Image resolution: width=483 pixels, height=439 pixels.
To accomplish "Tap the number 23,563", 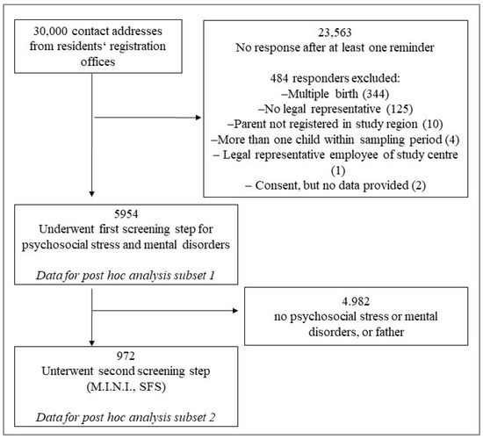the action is pyautogui.click(x=335, y=32).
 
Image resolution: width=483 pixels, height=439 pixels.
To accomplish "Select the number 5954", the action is pyautogui.click(x=126, y=214).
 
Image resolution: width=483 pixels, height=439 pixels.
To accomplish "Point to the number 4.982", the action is pyautogui.click(x=356, y=301).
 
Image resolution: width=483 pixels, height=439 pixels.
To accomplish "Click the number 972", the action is pyautogui.click(x=126, y=356).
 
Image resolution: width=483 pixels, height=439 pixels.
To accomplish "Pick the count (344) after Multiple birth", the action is pyautogui.click(x=375, y=94).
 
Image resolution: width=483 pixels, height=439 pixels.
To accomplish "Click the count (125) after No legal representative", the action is pyautogui.click(x=400, y=109).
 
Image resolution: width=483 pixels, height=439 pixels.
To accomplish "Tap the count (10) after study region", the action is pyautogui.click(x=432, y=124).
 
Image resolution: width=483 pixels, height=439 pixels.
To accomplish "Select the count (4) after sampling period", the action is pyautogui.click(x=452, y=140).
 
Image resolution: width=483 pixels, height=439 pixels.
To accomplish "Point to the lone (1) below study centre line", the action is pyautogui.click(x=338, y=170).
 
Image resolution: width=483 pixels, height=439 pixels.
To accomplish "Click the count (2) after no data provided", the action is pyautogui.click(x=418, y=185).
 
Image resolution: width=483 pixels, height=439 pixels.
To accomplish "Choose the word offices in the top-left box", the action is pyautogui.click(x=98, y=61).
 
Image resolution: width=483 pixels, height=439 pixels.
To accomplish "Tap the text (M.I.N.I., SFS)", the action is pyautogui.click(x=126, y=386).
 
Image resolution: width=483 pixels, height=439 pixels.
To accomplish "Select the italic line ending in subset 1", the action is pyautogui.click(x=126, y=276).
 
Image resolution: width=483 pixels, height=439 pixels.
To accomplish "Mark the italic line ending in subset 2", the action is pyautogui.click(x=126, y=417).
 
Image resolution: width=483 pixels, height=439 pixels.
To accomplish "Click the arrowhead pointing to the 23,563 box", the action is pyautogui.click(x=198, y=118).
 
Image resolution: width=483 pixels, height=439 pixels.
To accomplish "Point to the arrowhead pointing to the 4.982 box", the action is pyautogui.click(x=235, y=311).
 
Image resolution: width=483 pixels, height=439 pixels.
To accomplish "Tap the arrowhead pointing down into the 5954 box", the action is pyautogui.click(x=92, y=194).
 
